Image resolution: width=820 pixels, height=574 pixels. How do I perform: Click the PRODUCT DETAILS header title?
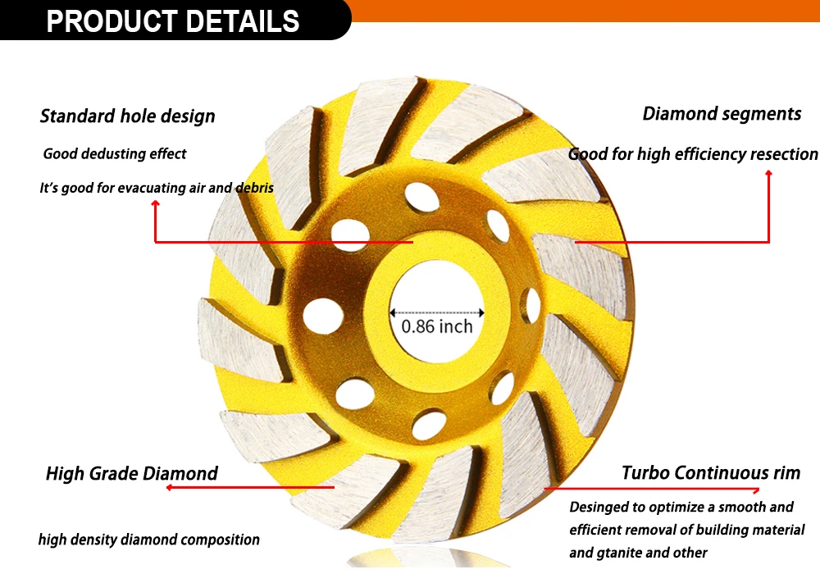(x=173, y=20)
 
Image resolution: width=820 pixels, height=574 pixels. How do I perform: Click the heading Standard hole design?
(x=128, y=116)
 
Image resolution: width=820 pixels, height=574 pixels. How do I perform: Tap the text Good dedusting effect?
(x=115, y=153)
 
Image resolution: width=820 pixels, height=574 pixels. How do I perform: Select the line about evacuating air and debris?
(x=157, y=188)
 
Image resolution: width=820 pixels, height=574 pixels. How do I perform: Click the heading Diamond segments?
(x=722, y=114)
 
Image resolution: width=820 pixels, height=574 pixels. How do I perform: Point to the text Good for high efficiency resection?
(x=693, y=154)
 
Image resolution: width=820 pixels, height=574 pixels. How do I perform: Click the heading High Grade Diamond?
(x=132, y=473)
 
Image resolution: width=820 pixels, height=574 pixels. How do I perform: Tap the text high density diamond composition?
(x=149, y=540)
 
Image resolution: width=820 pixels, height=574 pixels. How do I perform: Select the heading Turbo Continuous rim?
(x=711, y=472)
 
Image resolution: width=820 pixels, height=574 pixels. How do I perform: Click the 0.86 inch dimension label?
(x=437, y=326)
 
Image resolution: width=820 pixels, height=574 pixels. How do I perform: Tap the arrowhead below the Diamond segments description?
(x=768, y=173)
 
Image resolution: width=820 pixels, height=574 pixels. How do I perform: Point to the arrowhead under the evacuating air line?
(x=155, y=206)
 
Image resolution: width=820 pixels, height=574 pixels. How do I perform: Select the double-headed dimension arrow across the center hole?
(x=436, y=312)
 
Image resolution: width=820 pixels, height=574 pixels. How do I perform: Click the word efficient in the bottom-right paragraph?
(x=597, y=530)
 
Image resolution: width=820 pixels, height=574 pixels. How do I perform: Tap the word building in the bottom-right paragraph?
(x=722, y=530)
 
